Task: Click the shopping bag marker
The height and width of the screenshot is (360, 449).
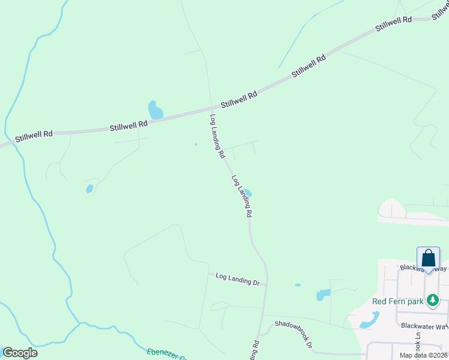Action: click(429, 258)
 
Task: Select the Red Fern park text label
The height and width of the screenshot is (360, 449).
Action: click(398, 301)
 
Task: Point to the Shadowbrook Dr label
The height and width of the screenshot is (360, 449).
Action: click(294, 334)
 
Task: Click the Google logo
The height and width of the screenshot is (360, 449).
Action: click(20, 353)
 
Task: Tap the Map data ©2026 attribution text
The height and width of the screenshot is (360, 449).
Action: click(423, 355)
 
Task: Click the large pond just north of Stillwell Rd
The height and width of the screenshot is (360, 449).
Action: click(155, 110)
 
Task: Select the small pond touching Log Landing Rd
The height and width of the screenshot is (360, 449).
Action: click(247, 193)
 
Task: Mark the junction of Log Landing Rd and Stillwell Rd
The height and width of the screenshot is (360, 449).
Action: click(210, 109)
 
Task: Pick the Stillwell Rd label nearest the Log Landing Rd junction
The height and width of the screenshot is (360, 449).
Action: click(239, 99)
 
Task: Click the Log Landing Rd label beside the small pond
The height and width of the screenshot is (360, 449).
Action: click(241, 196)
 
